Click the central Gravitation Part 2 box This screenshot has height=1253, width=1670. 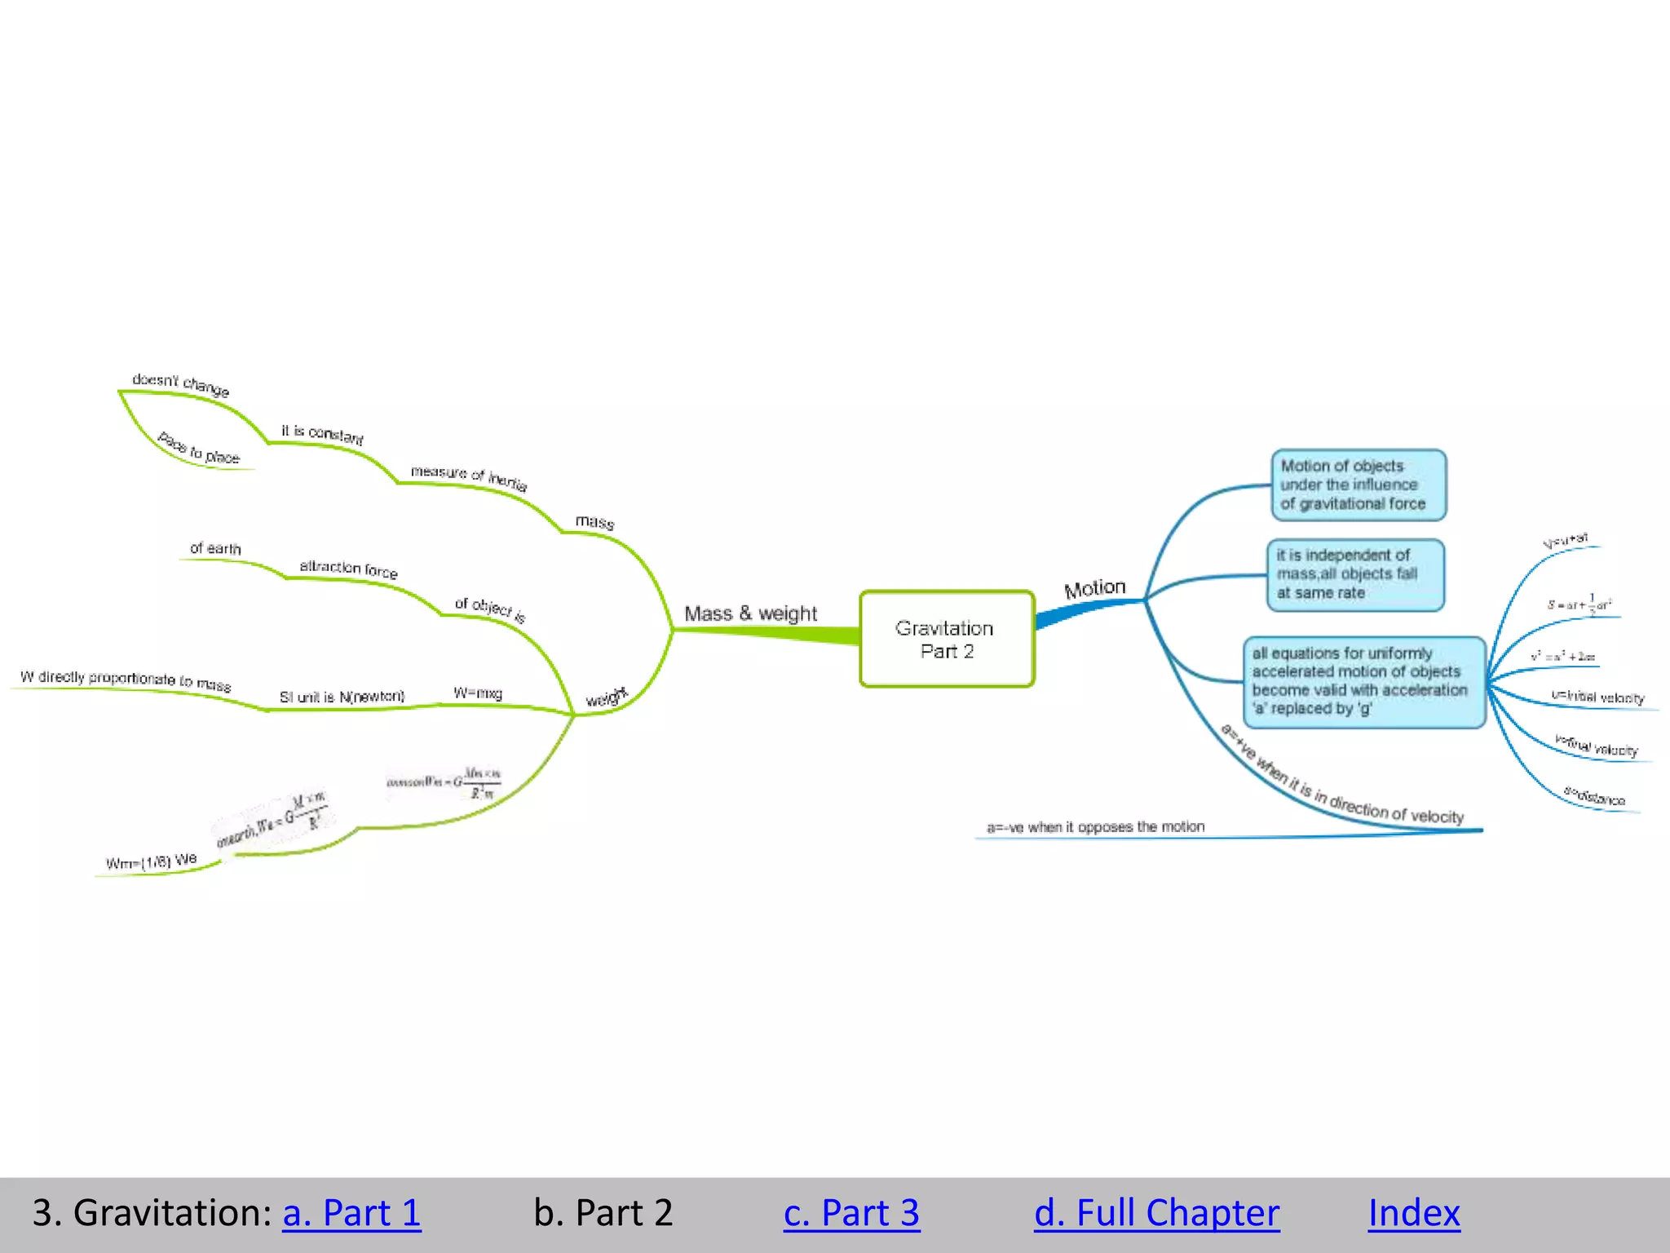click(946, 639)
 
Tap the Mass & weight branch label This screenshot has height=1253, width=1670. click(750, 613)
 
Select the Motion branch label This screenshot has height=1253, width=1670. click(1094, 588)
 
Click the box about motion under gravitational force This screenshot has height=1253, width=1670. click(1358, 485)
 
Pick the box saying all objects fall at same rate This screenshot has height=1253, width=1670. click(1354, 574)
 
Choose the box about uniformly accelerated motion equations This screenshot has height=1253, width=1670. click(1363, 681)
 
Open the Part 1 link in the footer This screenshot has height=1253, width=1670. click(351, 1212)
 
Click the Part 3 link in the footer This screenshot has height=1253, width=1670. click(851, 1212)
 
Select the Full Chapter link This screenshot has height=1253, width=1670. click(1156, 1212)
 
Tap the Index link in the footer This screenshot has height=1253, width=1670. click(1414, 1212)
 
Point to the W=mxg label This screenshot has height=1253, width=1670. click(478, 693)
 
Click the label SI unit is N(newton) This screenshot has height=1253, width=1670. click(342, 697)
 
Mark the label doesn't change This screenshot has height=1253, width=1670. click(181, 384)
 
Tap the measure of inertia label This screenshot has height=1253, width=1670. click(469, 477)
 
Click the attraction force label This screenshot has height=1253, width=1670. click(348, 569)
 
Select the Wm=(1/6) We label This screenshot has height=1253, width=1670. click(152, 861)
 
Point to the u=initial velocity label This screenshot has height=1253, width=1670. click(1597, 697)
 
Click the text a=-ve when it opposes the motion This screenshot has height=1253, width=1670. click(1095, 827)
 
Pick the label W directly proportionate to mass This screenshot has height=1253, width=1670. click(126, 680)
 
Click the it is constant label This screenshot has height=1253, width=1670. click(322, 434)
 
